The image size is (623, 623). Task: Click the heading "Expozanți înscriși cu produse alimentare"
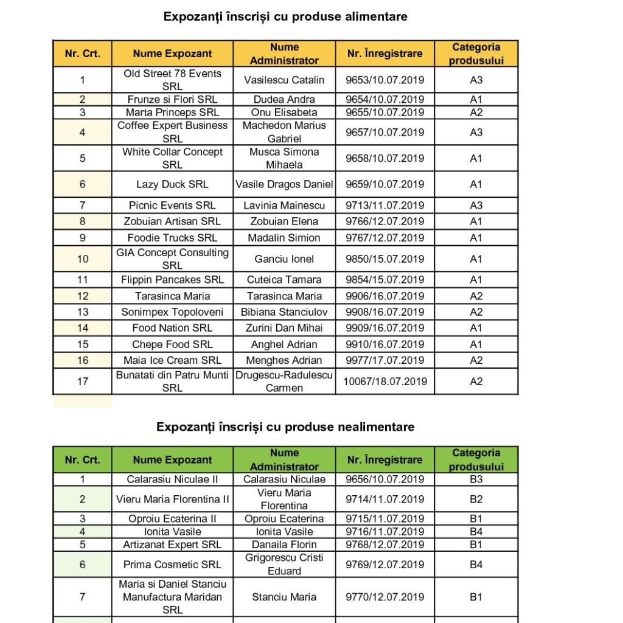(285, 17)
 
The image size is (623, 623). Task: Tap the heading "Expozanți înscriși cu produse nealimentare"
(285, 427)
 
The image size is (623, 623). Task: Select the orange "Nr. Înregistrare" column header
(385, 54)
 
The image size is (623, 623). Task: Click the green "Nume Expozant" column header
(172, 460)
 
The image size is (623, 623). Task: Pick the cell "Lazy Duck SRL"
(172, 184)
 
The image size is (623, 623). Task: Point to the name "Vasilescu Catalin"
(284, 80)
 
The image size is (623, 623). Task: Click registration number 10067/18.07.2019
(385, 381)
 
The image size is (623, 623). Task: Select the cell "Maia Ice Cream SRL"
(172, 360)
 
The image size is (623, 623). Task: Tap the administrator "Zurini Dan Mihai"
(284, 328)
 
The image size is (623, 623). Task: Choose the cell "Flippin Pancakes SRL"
(172, 280)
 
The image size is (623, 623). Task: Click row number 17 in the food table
(83, 381)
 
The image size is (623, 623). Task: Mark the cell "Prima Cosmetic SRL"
(172, 565)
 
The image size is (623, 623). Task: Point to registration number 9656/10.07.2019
(385, 479)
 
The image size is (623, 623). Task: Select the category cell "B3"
(476, 479)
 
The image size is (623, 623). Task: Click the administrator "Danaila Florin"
(284, 545)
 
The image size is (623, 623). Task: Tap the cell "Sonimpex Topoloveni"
(172, 312)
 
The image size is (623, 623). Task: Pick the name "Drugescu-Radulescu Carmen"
(284, 381)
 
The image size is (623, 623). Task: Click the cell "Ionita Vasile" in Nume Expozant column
(172, 532)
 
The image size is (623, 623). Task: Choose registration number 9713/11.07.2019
(385, 206)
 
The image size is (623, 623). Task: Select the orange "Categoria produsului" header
(476, 54)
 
